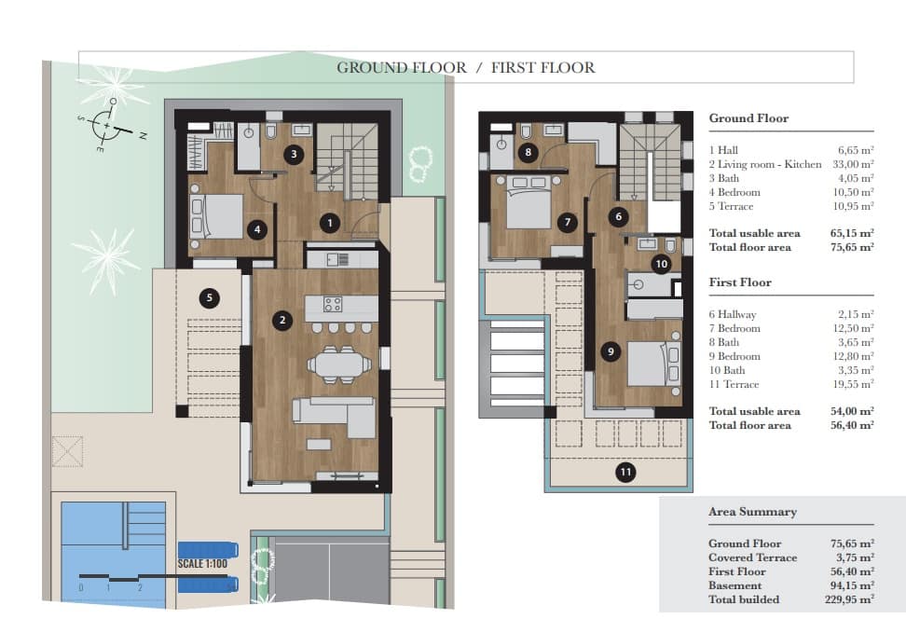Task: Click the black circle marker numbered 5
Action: pyautogui.click(x=210, y=298)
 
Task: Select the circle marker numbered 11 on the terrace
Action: pyautogui.click(x=625, y=473)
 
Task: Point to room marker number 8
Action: pyautogui.click(x=528, y=152)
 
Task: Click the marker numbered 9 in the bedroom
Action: pyautogui.click(x=611, y=351)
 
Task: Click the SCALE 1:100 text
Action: pyautogui.click(x=203, y=564)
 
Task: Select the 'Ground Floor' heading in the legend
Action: pyautogui.click(x=748, y=118)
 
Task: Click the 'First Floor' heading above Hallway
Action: pyautogui.click(x=740, y=282)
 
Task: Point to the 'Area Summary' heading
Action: pyautogui.click(x=752, y=512)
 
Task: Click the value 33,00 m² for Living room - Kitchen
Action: pyautogui.click(x=855, y=164)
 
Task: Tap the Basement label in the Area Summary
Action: pyautogui.click(x=735, y=585)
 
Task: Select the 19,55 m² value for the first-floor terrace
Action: pyautogui.click(x=855, y=384)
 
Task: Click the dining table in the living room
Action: pyautogui.click(x=336, y=363)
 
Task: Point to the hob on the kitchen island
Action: pyautogui.click(x=333, y=303)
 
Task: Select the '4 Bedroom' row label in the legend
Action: pyautogui.click(x=734, y=192)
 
